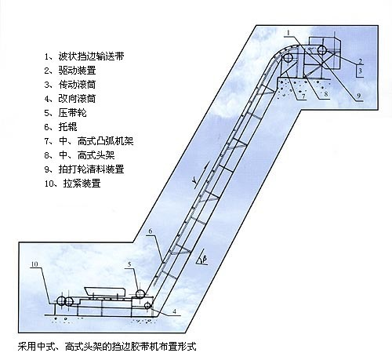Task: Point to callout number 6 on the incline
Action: [149, 231]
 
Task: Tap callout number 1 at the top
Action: [289, 31]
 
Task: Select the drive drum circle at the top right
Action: [321, 52]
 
